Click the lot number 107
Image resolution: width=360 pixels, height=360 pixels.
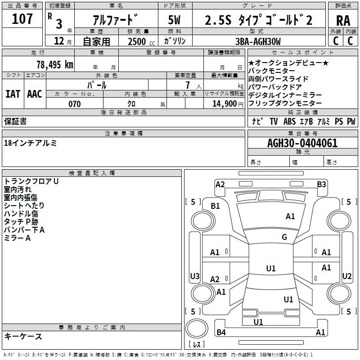coord(22,19)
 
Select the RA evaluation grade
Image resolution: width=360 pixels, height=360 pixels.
coord(342,20)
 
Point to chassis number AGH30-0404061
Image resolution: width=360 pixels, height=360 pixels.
coord(302,144)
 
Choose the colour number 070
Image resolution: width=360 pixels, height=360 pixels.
coord(74,104)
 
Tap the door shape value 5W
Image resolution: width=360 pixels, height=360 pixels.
coord(174,20)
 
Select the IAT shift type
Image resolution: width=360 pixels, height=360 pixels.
coord(13,94)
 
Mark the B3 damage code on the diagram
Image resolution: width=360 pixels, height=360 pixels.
coord(321,184)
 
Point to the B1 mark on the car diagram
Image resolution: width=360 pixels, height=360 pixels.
coord(216,206)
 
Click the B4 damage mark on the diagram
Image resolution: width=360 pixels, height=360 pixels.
coord(221,333)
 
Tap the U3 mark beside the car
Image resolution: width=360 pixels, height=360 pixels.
coord(195,276)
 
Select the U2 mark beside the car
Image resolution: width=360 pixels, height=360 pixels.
coord(347,276)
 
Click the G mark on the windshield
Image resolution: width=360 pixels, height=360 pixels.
coord(284,237)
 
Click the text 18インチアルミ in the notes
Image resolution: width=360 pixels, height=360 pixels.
coord(31,143)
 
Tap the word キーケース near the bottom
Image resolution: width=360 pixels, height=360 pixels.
coord(23,337)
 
